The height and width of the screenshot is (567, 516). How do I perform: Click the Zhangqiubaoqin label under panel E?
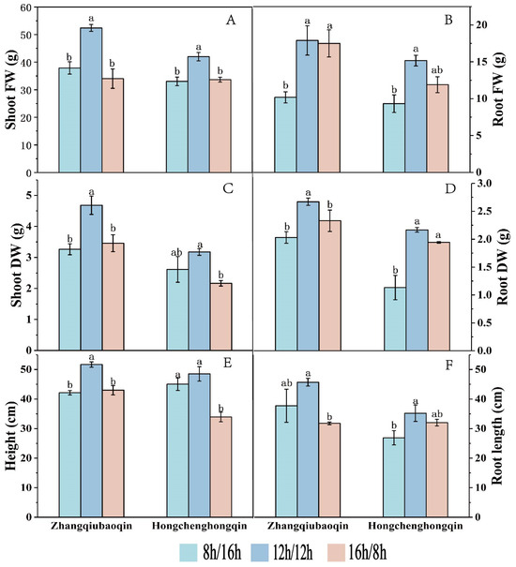point(91,528)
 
